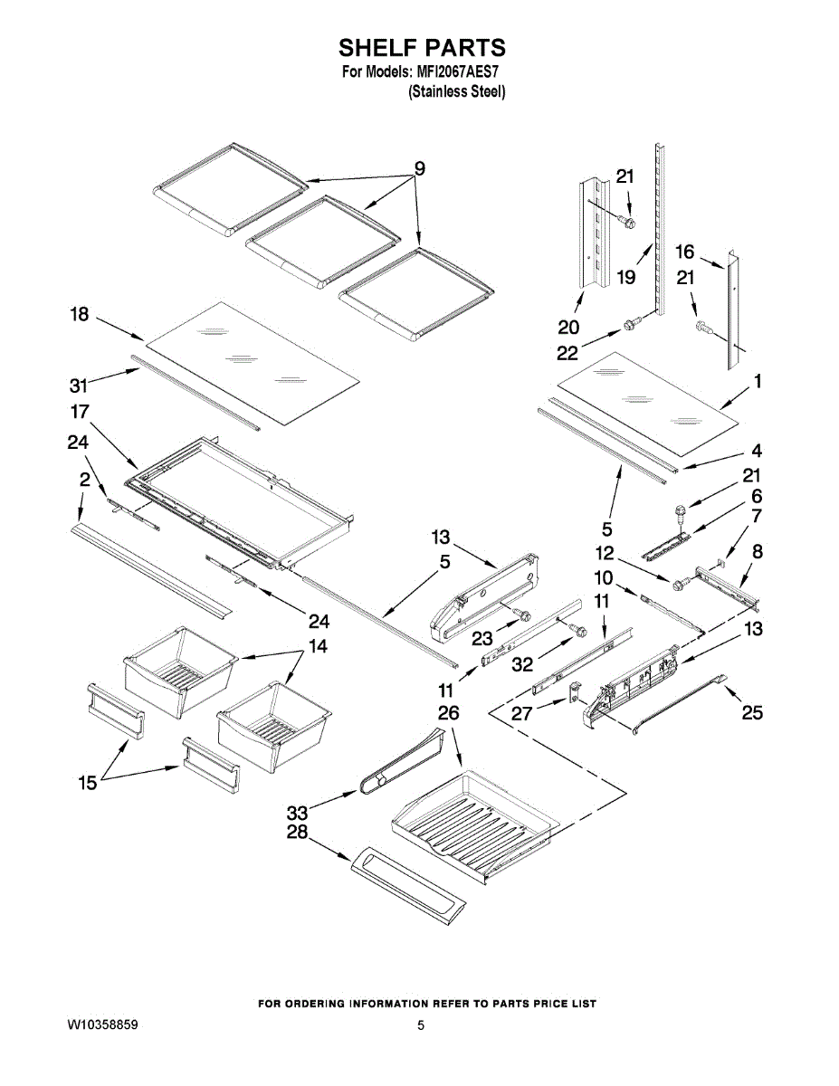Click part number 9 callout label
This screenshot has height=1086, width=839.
(x=420, y=169)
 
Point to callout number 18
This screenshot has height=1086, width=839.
(x=80, y=314)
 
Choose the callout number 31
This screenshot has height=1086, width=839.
(x=78, y=386)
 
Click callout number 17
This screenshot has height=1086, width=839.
(x=80, y=411)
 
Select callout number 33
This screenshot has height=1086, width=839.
(x=297, y=814)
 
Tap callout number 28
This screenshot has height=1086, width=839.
(x=297, y=832)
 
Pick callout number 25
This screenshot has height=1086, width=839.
(x=752, y=712)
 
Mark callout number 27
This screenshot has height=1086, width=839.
(x=521, y=714)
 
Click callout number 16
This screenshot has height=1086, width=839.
(x=684, y=252)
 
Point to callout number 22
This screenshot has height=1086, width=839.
(x=567, y=354)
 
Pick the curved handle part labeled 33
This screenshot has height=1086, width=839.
(x=400, y=759)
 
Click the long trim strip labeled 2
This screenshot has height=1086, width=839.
(x=150, y=571)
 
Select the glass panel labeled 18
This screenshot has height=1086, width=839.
(x=253, y=363)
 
